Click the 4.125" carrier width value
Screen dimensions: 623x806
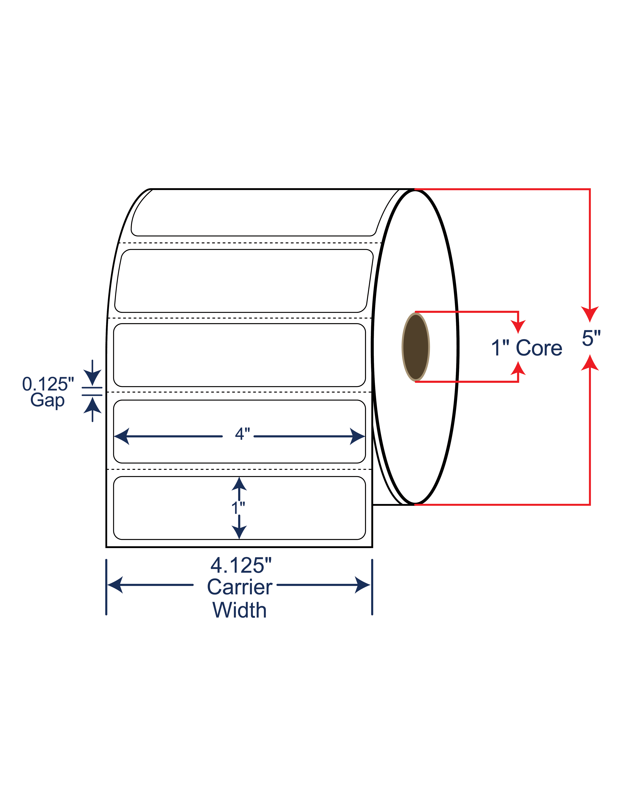[x=241, y=565]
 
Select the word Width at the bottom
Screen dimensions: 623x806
[x=240, y=610]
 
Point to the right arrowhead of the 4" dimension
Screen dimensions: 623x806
[x=357, y=436]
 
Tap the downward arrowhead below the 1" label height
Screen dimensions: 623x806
[x=239, y=532]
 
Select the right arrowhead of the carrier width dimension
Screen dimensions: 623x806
[x=362, y=585]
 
